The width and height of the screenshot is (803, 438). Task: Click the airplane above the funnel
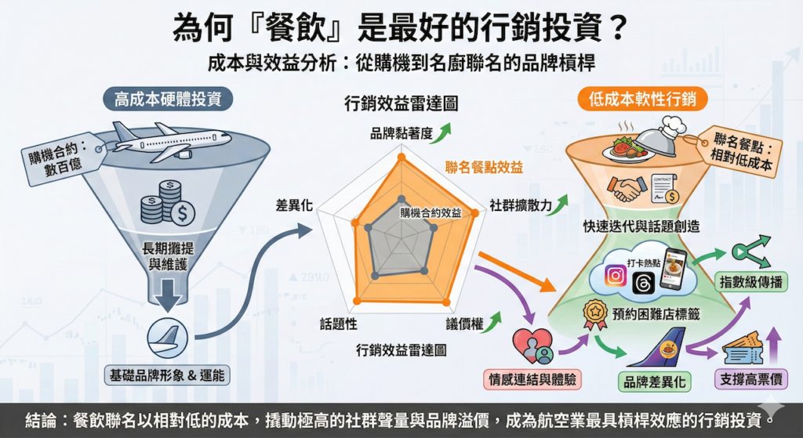[169, 141]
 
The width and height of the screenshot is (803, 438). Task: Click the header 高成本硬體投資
[167, 100]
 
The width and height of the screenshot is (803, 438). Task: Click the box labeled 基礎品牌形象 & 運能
[166, 375]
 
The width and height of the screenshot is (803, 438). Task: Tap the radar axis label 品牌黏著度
[401, 133]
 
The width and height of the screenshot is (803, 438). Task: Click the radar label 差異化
[295, 205]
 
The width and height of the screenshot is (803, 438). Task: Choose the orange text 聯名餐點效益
[484, 167]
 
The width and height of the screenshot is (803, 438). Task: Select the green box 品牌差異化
[652, 382]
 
